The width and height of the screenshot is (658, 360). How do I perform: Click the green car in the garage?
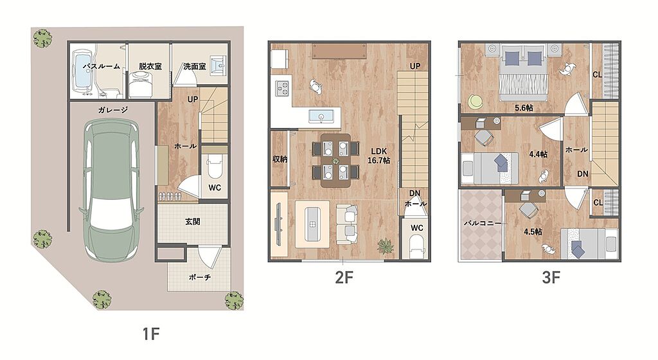111,190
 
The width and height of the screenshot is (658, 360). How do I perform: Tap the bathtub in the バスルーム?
82,71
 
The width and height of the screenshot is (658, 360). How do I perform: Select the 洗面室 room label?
195,66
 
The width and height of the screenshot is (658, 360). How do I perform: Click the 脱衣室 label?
150,66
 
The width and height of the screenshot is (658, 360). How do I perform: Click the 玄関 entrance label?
193,222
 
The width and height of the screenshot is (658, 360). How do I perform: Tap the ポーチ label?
200,277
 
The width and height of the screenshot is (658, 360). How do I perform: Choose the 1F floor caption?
151,334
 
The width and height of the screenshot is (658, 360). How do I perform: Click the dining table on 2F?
335,160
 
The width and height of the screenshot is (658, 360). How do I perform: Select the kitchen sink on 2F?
321,116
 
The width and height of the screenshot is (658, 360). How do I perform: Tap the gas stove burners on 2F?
282,88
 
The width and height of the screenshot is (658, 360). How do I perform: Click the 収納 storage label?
280,159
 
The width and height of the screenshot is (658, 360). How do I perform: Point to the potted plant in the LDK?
386,246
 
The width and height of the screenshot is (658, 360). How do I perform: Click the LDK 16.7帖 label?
379,156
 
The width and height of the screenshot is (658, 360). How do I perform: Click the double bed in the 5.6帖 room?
523,73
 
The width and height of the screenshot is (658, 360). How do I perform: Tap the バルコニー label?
483,223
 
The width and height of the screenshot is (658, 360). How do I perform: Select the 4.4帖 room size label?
538,154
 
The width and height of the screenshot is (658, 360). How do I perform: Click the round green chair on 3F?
476,102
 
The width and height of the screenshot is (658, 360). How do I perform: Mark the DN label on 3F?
582,174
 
